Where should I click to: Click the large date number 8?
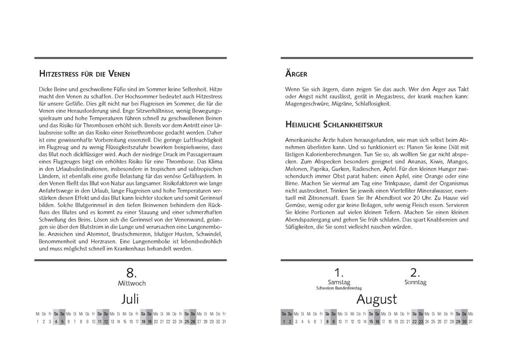click(x=131, y=273)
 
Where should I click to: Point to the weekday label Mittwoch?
click(x=131, y=283)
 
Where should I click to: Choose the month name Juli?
click(x=130, y=299)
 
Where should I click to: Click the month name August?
click(x=376, y=300)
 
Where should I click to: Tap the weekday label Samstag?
click(x=339, y=282)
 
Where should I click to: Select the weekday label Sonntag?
click(x=415, y=282)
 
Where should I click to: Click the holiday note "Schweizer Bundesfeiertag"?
click(x=339, y=288)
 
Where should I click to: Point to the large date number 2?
click(x=415, y=273)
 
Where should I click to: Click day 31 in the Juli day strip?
click(x=224, y=322)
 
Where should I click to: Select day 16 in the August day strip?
click(x=377, y=322)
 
